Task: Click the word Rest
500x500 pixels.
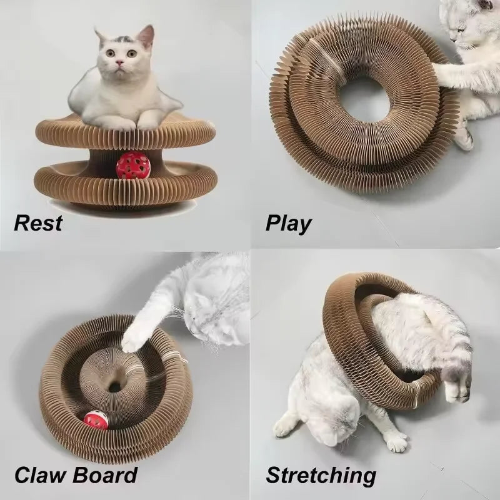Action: point(38,222)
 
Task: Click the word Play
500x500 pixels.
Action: point(288,222)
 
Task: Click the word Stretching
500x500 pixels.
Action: point(321,476)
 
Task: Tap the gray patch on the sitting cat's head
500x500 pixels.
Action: point(124,39)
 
